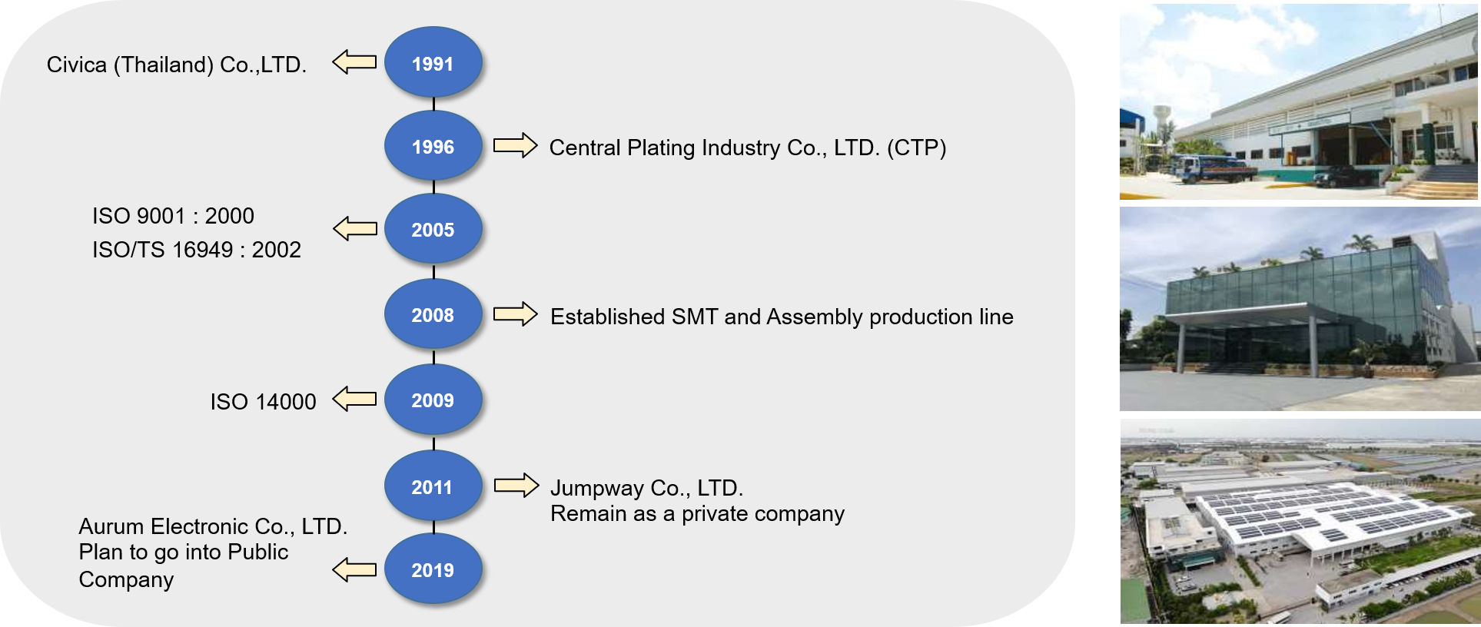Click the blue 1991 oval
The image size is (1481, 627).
[433, 63]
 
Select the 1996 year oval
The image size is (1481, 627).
[433, 146]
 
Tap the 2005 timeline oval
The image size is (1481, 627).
[433, 229]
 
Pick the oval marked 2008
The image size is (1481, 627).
[433, 314]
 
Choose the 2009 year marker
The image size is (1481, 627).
[433, 400]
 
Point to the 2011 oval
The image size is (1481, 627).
[433, 486]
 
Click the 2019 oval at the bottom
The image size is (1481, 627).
[433, 569]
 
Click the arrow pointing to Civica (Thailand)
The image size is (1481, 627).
[354, 61]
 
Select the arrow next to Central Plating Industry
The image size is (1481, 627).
[515, 144]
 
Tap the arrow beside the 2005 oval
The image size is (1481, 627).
[355, 228]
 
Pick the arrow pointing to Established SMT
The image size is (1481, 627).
[515, 313]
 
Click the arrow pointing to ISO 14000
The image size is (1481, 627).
[354, 399]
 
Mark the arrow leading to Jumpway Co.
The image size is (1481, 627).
[516, 485]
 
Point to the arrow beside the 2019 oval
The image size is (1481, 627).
[354, 569]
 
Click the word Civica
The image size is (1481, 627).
[77, 65]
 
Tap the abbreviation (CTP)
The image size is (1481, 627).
[916, 148]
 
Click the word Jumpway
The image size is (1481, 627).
[597, 489]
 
